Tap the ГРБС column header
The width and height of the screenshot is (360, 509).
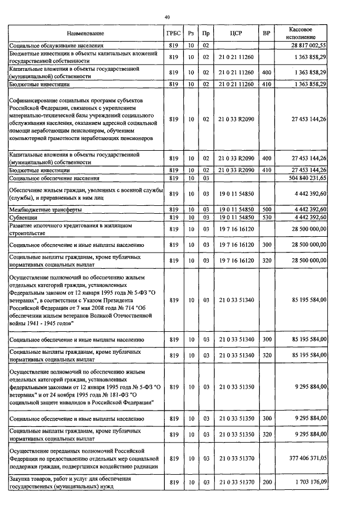point(173,34)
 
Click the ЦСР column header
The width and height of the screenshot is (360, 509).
point(236,34)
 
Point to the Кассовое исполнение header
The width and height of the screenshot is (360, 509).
point(300,34)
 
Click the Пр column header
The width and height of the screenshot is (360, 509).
point(206,34)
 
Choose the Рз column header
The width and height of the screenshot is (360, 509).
point(191,34)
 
